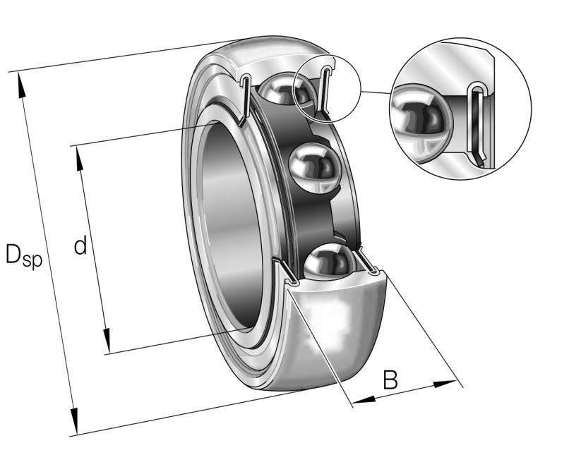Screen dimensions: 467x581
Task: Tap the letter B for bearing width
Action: click(390, 380)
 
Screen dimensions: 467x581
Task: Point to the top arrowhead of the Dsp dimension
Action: click(22, 84)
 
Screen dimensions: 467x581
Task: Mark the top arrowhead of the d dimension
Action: click(79, 158)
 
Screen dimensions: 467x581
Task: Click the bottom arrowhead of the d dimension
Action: click(107, 340)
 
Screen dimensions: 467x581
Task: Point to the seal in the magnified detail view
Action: click(479, 123)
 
